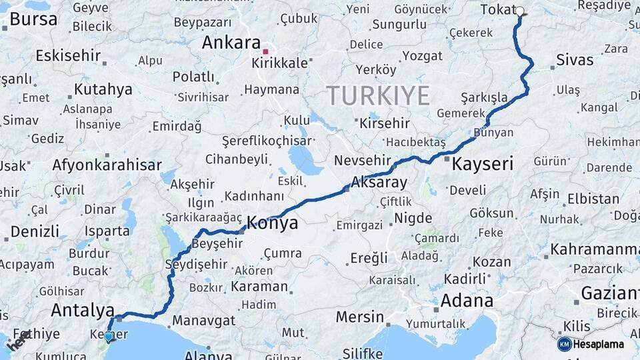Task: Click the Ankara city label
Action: click(231, 43)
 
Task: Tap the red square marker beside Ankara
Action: click(265, 51)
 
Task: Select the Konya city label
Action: click(272, 223)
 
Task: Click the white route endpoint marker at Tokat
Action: click(520, 11)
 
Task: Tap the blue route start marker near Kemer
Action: click(108, 337)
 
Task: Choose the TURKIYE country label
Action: click(378, 96)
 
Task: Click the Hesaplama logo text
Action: click(598, 344)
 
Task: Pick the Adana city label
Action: click(466, 301)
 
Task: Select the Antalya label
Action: click(83, 311)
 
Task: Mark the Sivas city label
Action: click(575, 60)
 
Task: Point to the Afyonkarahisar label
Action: click(107, 165)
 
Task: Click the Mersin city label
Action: click(359, 317)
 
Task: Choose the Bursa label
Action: click(33, 19)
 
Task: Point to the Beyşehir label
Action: click(217, 243)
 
